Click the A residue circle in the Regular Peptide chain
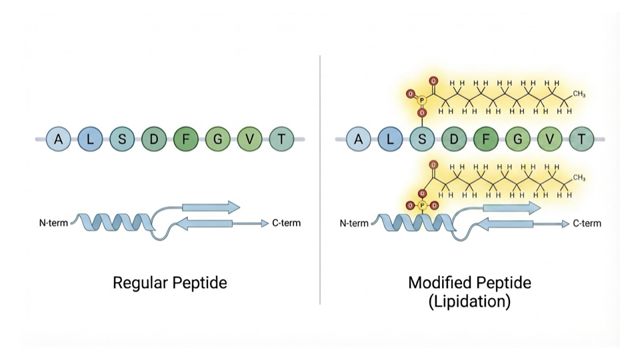59,139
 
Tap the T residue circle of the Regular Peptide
281,139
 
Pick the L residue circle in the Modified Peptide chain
391,139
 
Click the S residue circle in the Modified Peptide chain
423,139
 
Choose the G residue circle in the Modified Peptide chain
518,139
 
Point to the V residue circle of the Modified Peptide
550,139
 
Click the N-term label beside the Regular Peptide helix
53,223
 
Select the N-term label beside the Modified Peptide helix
354,223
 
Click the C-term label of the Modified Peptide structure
587,223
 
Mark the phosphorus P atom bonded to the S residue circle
422,101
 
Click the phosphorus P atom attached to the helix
422,205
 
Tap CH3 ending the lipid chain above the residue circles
578,95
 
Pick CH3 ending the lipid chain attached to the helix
578,178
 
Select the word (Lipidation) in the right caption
469,301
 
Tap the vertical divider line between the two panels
320,180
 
